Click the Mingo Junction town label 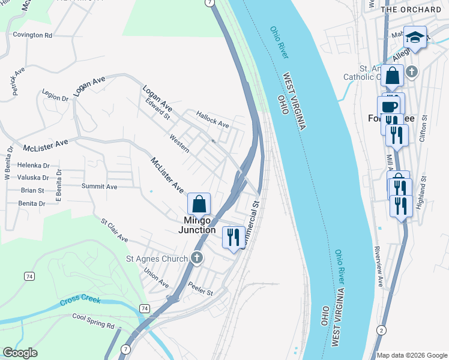[x=197, y=225]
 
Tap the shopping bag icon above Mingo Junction [x=199, y=204]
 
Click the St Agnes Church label [x=157, y=259]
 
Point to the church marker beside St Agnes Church [x=196, y=259]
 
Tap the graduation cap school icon [x=415, y=37]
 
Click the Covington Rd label [x=32, y=35]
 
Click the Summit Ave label [x=99, y=187]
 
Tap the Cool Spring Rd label [x=92, y=321]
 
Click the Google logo [x=20, y=353]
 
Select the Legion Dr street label [x=55, y=95]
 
